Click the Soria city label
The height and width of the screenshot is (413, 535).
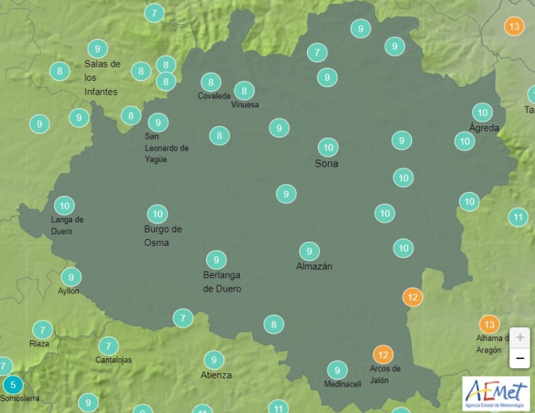pos(327,163)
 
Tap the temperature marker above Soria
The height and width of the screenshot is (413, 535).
pos(327,147)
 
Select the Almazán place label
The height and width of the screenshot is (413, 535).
pos(314,266)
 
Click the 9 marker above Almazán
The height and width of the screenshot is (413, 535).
pos(309,250)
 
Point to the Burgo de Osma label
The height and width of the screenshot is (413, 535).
pos(163,235)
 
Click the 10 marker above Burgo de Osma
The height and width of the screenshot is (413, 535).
pos(157,214)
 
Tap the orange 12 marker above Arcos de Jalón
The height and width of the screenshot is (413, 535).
pos(383,354)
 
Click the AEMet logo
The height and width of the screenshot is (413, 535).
pos(495,393)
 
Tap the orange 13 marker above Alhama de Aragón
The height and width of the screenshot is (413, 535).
pos(489,325)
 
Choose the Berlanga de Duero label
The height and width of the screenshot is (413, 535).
pos(222,282)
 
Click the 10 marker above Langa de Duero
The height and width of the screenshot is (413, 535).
pos(64,205)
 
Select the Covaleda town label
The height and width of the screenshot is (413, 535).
pos(214,96)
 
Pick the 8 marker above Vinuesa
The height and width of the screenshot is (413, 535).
pos(244,91)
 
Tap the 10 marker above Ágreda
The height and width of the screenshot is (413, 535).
pos(483,113)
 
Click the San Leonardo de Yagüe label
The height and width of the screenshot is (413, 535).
pos(166,148)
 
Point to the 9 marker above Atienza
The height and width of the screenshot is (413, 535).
pos(214,360)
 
